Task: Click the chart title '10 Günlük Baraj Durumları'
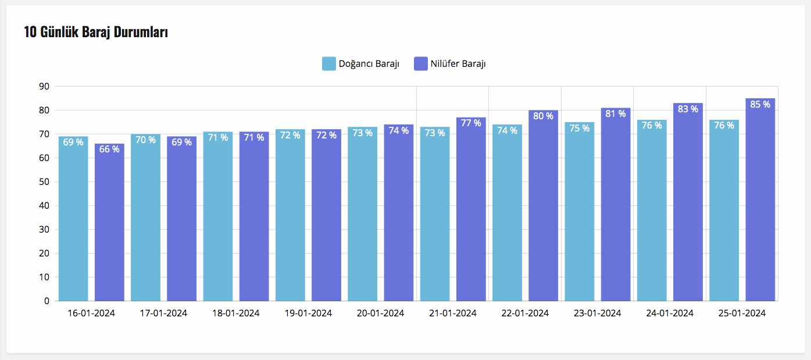coord(96,32)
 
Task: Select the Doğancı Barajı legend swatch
coord(329,63)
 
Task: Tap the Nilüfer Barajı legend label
coord(458,63)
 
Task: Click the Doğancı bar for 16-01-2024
coord(73,221)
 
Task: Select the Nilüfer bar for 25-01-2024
coord(760,204)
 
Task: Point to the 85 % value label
coord(760,105)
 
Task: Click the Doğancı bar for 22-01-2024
coord(507,215)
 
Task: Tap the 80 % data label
coord(544,116)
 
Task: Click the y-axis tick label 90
coord(44,87)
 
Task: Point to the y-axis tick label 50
coord(44,182)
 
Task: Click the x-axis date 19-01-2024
coord(308,313)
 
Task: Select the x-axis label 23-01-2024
coord(597,313)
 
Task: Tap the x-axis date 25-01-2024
coord(742,313)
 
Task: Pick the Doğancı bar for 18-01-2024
coord(218,218)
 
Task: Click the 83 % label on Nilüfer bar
coord(688,109)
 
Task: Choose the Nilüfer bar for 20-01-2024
coord(399,215)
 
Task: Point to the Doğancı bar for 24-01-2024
coord(652,212)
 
